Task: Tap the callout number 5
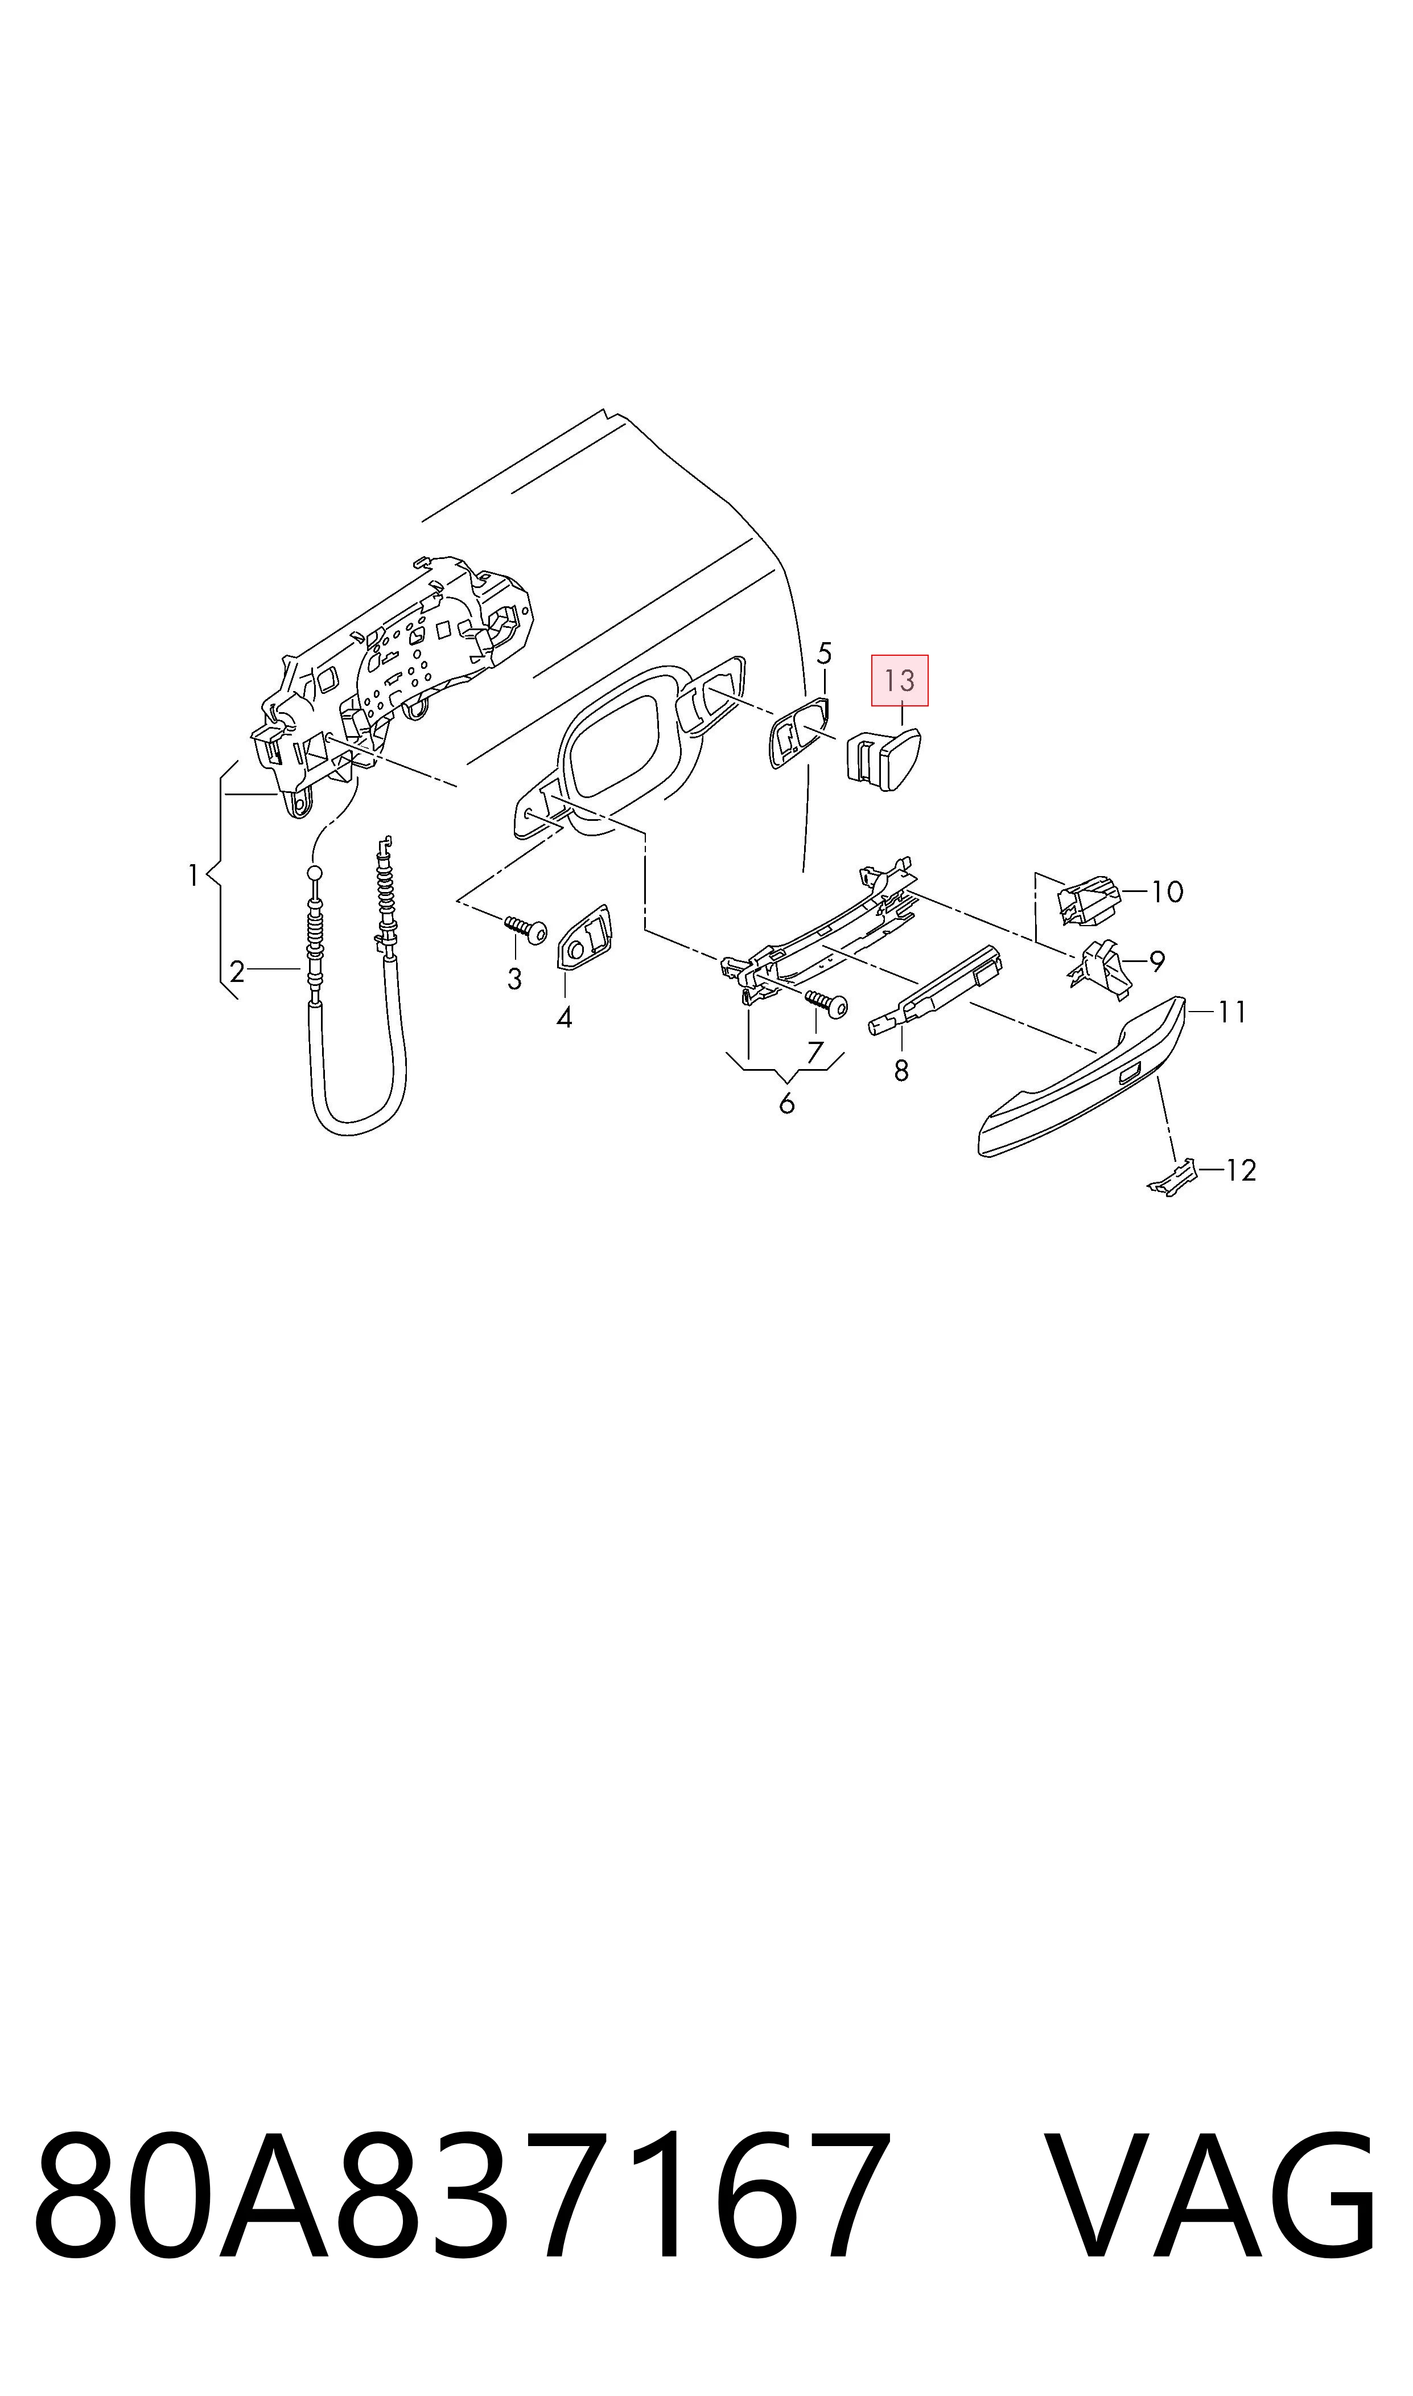click(825, 654)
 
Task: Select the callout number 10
click(1167, 891)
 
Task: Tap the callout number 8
click(902, 1071)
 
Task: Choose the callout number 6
click(786, 1104)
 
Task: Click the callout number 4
click(565, 1018)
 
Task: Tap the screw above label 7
click(827, 1003)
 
